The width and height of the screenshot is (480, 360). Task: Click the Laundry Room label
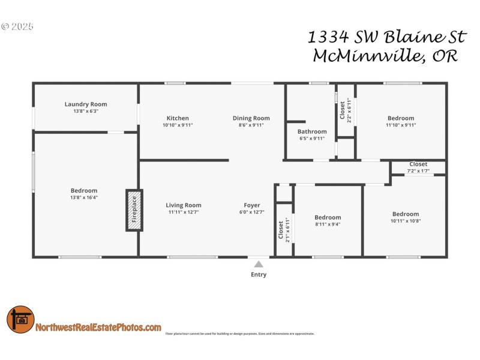coord(86,104)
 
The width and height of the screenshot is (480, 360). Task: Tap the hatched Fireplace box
coord(134,210)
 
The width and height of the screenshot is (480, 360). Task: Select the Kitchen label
coord(178,118)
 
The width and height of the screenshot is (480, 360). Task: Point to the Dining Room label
coord(251,118)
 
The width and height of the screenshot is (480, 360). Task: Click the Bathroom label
coord(312,131)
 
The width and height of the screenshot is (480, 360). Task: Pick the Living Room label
coord(184,205)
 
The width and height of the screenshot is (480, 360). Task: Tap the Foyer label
coord(252,205)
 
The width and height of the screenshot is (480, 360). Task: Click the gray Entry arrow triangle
coord(259,263)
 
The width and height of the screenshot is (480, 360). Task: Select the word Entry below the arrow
coord(259,275)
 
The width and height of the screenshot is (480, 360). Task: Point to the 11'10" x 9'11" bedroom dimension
coord(401,125)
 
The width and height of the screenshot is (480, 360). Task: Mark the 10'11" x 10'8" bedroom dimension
coord(406,221)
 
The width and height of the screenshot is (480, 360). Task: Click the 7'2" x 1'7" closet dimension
coord(418,170)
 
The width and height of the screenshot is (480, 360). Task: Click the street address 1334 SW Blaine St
coord(387,37)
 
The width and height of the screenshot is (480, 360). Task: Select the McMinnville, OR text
coord(386,57)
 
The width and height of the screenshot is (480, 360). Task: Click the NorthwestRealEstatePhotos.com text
coord(98,328)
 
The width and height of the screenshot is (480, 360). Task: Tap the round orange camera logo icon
coord(20,320)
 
